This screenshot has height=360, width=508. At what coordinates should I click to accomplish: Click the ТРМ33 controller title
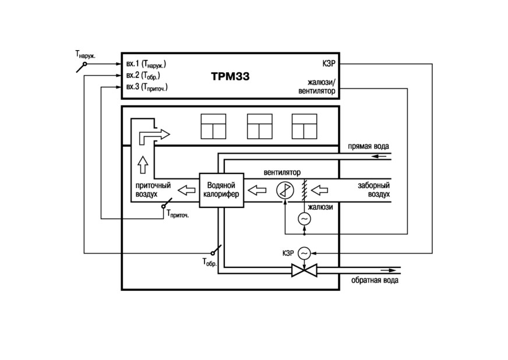pyautogui.click(x=230, y=76)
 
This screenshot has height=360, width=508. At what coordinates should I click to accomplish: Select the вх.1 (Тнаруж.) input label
pyautogui.click(x=146, y=64)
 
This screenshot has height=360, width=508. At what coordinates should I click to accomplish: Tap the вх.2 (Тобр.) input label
pyautogui.click(x=143, y=76)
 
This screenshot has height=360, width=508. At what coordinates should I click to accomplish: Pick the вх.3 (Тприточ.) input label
pyautogui.click(x=147, y=87)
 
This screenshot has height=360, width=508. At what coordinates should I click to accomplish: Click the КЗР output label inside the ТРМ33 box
pyautogui.click(x=329, y=63)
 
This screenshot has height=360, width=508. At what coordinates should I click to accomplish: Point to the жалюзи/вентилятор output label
pyautogui.click(x=317, y=87)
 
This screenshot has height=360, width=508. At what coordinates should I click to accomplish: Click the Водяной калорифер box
pyautogui.click(x=221, y=190)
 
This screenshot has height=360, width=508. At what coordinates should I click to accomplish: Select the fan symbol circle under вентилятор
pyautogui.click(x=285, y=190)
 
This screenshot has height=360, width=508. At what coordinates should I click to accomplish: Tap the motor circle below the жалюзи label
pyautogui.click(x=304, y=218)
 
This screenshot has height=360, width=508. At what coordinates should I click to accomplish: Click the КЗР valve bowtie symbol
pyautogui.click(x=304, y=270)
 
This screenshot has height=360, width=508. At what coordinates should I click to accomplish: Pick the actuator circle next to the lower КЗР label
pyautogui.click(x=304, y=253)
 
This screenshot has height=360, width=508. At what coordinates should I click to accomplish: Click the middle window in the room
pyautogui.click(x=259, y=126)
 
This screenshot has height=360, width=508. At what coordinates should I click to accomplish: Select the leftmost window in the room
pyautogui.click(x=213, y=126)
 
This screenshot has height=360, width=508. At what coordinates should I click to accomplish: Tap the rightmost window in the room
pyautogui.click(x=304, y=126)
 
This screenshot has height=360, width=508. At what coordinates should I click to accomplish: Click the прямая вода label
pyautogui.click(x=368, y=146)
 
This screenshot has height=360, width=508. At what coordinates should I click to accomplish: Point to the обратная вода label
pyautogui.click(x=375, y=280)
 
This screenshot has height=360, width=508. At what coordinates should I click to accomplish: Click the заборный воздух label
pyautogui.click(x=374, y=190)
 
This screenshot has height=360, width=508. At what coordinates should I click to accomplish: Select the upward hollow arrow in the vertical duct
pyautogui.click(x=143, y=164)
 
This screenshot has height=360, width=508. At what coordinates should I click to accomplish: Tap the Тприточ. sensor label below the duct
pyautogui.click(x=178, y=214)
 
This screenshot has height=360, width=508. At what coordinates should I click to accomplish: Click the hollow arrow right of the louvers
pyautogui.click(x=319, y=190)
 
